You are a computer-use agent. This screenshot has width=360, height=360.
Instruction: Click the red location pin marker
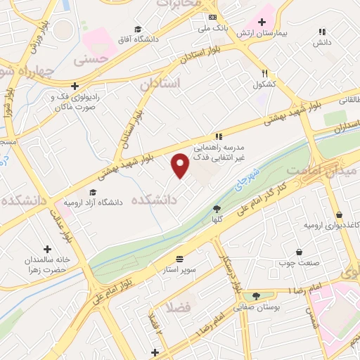(x=180, y=165)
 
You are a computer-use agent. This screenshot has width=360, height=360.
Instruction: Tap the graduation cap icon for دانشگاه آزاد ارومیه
(x=93, y=192)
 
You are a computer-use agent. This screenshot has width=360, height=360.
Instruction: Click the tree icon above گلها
(x=217, y=208)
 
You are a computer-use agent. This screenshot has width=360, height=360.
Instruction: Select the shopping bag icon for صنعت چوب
(x=300, y=252)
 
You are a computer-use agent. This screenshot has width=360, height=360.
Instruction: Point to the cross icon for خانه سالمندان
(x=47, y=249)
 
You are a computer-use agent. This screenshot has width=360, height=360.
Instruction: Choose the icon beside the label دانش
(x=323, y=32)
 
